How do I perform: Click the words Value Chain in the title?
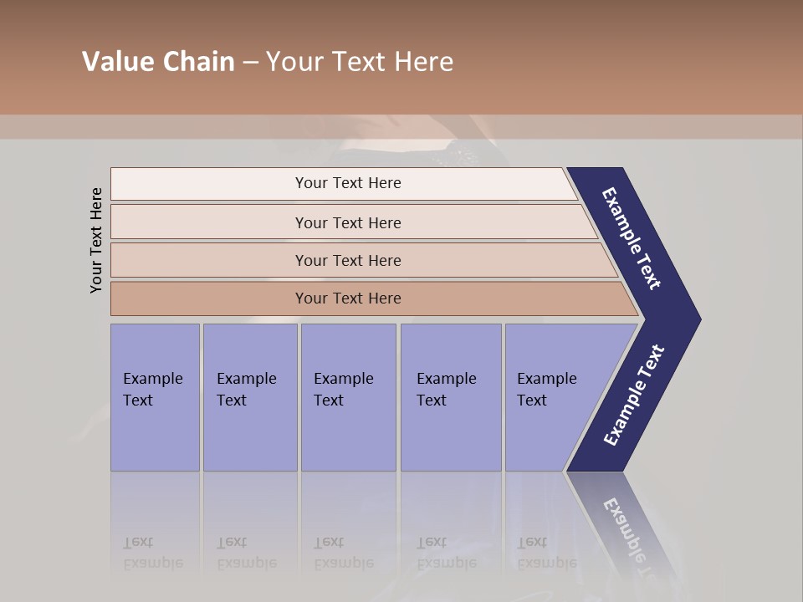coord(158,62)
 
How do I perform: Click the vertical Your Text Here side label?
coord(96,240)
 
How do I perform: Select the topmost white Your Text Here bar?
coord(347,183)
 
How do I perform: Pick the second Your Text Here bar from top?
coord(347,222)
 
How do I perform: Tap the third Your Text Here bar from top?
coord(347,260)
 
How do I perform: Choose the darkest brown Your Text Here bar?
coord(347,298)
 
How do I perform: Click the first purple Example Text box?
coord(155,397)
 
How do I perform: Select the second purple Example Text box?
coord(250,397)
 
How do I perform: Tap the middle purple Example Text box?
coord(348,397)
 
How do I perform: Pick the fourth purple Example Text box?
coord(451,397)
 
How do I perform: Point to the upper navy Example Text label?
coord(632,238)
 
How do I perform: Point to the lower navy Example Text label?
coord(634,395)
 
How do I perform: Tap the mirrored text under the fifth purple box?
coord(546,553)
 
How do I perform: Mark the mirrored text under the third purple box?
coord(343,553)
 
